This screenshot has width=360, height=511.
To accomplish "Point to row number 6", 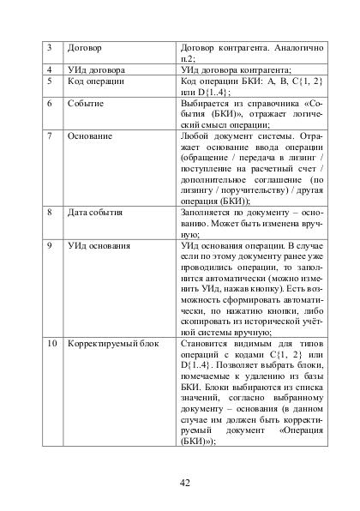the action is pos(50,104).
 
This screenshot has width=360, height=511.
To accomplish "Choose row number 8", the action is pos(50,210).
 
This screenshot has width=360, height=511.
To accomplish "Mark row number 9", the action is pos(50,245).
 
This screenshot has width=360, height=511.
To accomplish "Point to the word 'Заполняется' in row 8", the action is pos(211,210).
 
